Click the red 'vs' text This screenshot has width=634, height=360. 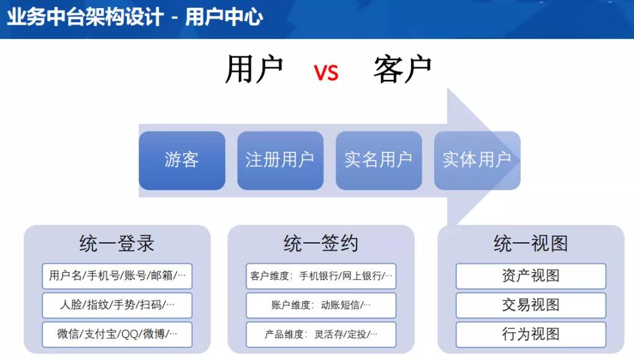326,72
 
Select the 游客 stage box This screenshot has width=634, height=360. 182,160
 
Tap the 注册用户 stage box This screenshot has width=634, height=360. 280,160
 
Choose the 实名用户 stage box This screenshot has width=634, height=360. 379,160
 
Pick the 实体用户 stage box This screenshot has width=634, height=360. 477,160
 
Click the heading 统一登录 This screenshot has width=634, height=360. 117,244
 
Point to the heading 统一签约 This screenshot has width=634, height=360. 321,244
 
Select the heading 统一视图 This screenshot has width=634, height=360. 531,244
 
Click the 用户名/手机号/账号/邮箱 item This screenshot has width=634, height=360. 117,276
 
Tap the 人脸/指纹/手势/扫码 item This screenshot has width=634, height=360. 117,305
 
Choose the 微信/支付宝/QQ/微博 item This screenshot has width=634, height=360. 117,334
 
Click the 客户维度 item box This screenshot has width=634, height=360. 321,276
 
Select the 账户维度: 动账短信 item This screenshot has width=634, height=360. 321,305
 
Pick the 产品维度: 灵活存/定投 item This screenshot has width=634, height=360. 321,334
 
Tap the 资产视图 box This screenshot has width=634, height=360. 531,276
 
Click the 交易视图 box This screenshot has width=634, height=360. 531,305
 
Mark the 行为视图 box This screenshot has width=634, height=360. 531,334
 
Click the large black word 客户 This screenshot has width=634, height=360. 402,69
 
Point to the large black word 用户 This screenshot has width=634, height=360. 254,69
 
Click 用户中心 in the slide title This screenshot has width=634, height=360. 224,17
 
